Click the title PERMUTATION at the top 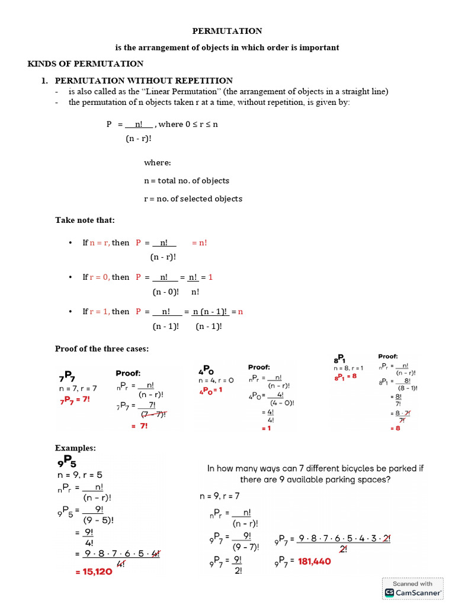coord(227,31)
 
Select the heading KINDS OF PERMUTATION coord(86,64)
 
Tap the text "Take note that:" coord(85,220)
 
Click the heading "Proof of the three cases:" coord(102,349)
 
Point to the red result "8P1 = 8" coord(345,376)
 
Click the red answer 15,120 coord(93,572)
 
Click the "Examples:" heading coord(75,448)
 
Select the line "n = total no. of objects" coord(186,181)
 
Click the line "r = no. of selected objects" coord(193,199)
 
